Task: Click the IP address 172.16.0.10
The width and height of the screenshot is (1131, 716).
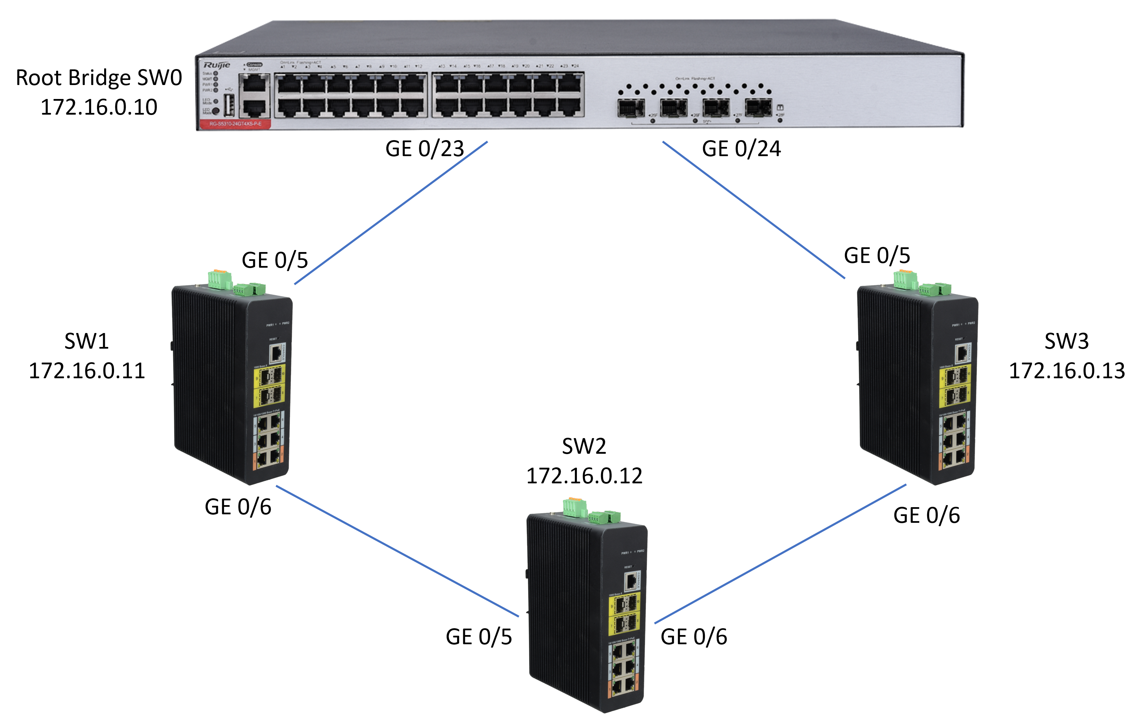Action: [99, 107]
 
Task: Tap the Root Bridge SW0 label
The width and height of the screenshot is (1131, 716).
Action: [99, 78]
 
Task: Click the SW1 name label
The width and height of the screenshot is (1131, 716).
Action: [86, 341]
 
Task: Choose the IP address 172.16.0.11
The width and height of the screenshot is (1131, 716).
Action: [86, 371]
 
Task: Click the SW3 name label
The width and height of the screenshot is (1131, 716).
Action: [1066, 341]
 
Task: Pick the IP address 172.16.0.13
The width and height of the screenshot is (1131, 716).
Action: [1066, 371]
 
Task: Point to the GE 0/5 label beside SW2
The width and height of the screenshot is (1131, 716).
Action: [478, 637]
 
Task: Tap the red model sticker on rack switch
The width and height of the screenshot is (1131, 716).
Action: [235, 124]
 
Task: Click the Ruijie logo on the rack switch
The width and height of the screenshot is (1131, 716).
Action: [216, 65]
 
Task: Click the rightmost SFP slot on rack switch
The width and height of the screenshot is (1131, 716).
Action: [758, 108]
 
